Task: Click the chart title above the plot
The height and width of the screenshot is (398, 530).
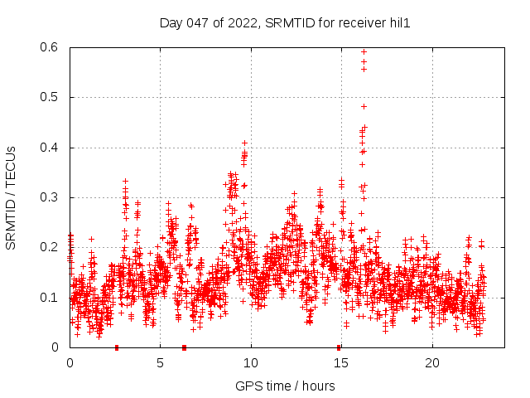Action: [x=285, y=23]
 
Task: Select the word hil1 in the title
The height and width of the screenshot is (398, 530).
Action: [x=398, y=23]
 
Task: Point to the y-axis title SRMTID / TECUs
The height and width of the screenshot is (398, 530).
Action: [x=12, y=197]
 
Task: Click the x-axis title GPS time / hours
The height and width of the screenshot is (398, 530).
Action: [x=285, y=386]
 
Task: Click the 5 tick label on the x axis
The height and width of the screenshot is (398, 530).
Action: [x=160, y=362]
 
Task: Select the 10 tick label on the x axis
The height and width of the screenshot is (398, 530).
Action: [x=251, y=362]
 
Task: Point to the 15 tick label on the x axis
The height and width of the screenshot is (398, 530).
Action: [x=341, y=362]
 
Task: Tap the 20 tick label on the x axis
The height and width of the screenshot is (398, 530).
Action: [x=432, y=362]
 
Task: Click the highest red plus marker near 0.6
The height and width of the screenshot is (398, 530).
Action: [x=364, y=51]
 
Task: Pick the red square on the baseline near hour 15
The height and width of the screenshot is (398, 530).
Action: [x=339, y=347]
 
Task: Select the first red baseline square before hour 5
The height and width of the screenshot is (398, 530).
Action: [x=117, y=347]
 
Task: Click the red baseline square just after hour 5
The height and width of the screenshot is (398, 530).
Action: [x=184, y=347]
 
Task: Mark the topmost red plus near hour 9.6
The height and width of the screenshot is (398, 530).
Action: [x=244, y=143]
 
